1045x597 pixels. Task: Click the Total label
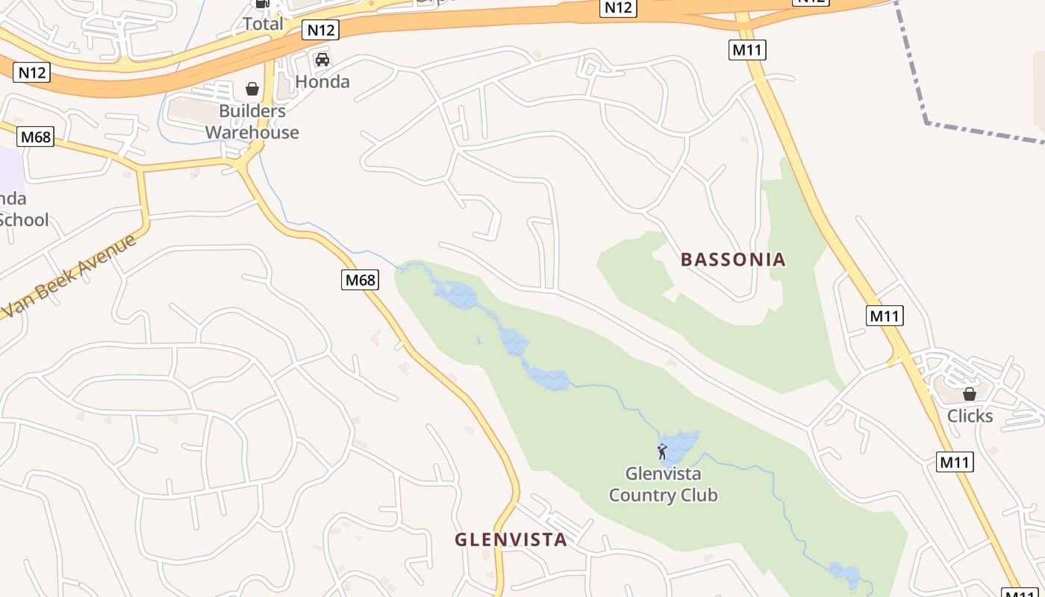[x=263, y=24]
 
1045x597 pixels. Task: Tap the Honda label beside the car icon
[x=322, y=81]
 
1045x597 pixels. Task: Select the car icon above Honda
[x=322, y=60]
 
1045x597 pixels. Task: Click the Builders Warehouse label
[x=252, y=122]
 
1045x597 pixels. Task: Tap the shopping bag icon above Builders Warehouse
[x=252, y=90]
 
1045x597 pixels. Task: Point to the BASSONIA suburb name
[x=733, y=260]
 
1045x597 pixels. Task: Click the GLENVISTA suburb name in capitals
[x=511, y=540]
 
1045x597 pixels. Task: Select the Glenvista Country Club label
[x=663, y=484]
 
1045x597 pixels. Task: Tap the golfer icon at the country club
[x=661, y=451]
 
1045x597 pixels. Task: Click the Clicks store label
[x=970, y=416]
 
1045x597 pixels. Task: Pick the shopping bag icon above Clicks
[x=970, y=393]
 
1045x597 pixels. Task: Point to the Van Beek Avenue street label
[x=71, y=275]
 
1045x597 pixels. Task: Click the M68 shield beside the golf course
[x=361, y=280]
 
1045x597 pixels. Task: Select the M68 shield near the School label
[x=36, y=137]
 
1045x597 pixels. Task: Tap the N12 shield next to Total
[x=321, y=30]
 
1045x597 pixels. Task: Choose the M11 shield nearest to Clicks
[x=955, y=462]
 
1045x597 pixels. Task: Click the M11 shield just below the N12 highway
[x=747, y=50]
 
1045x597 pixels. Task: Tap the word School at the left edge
[x=24, y=219]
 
